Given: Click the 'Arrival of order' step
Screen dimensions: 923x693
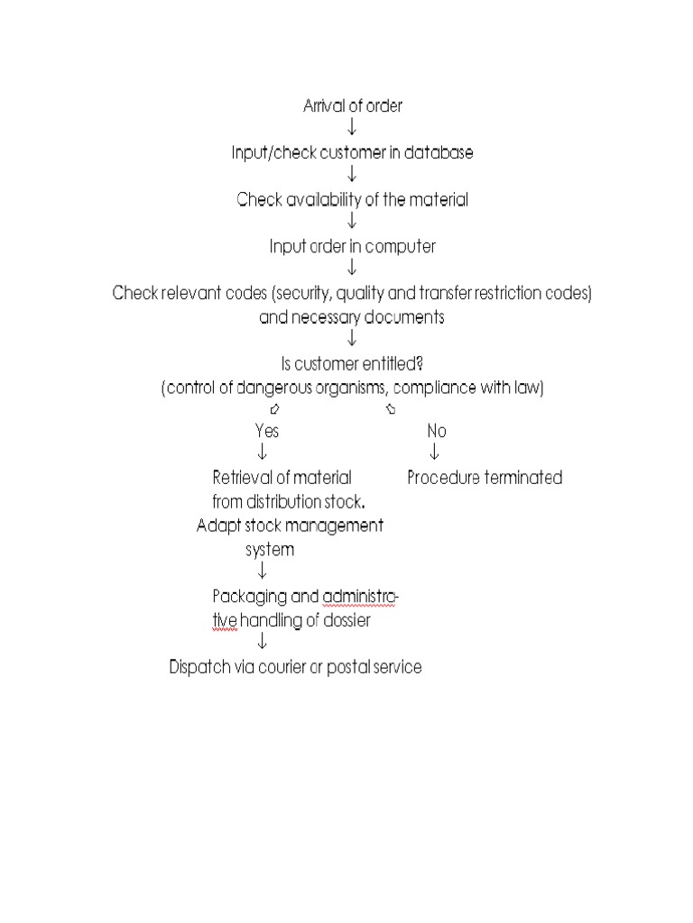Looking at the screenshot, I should tap(352, 106).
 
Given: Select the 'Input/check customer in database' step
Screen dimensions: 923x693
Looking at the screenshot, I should tap(352, 153).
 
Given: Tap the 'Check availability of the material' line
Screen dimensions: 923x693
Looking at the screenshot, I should tap(352, 200).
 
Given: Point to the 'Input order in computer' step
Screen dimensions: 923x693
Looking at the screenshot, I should tap(352, 247).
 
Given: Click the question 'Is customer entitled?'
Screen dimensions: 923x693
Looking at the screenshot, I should tap(352, 364).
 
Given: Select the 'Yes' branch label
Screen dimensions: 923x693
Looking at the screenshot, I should tap(267, 431).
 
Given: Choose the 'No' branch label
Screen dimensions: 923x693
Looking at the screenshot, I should tap(437, 431).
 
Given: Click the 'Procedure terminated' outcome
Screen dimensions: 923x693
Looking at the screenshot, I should tap(485, 478).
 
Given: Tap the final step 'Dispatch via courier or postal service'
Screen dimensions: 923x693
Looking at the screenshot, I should tap(295, 668).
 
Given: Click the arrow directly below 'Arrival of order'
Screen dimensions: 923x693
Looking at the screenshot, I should tap(352, 129).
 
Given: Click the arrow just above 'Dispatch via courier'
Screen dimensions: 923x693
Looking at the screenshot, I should tap(262, 643).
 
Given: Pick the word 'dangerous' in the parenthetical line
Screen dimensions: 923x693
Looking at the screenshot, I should tap(300, 388).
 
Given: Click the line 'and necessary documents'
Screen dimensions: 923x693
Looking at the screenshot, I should tap(352, 317).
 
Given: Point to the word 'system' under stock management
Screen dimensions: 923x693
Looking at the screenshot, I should tap(270, 549).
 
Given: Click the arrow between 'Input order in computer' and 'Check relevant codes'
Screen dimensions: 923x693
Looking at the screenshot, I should tap(352, 269).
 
